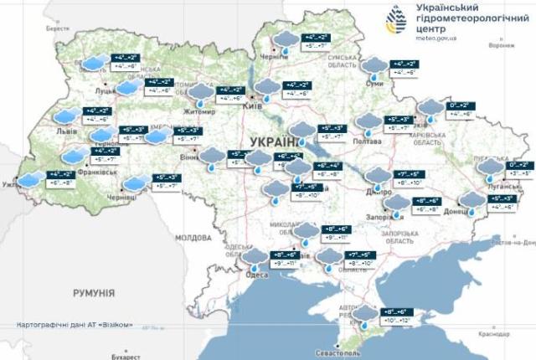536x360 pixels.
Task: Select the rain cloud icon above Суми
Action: pyautogui.click(x=375, y=66)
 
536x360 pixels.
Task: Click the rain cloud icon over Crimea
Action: pyautogui.click(x=367, y=315)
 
